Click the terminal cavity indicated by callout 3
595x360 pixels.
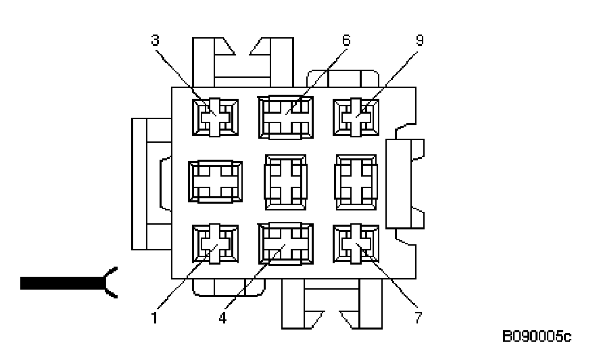[x=215, y=116]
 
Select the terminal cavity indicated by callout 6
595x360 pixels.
[x=285, y=116]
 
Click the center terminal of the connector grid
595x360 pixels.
[x=285, y=180]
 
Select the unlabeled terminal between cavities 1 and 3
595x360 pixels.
[x=215, y=181]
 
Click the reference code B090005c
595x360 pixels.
[x=536, y=336]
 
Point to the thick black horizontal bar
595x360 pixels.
[x=61, y=284]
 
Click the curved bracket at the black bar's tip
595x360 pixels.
[x=110, y=283]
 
